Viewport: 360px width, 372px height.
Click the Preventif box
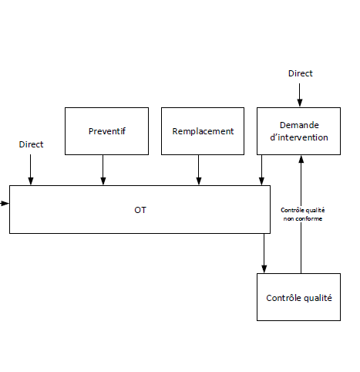[x=106, y=131]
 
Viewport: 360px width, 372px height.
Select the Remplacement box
[x=203, y=131]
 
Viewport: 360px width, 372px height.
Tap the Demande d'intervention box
[x=298, y=131]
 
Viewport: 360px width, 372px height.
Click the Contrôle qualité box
[x=298, y=297]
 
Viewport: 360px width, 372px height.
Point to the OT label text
[x=140, y=210]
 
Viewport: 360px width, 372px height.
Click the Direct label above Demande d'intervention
[x=301, y=73]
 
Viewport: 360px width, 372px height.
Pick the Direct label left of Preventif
[x=31, y=144]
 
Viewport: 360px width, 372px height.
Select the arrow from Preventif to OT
[x=103, y=170]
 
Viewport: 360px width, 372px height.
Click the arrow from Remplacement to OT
[x=199, y=170]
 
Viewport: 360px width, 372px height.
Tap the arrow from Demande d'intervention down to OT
[x=261, y=170]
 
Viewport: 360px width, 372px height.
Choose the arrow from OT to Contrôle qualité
[x=264, y=253]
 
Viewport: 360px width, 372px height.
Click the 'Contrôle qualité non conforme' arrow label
[x=303, y=215]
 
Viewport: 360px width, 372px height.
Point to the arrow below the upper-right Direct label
[x=299, y=95]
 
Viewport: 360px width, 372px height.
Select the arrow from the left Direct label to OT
[x=31, y=170]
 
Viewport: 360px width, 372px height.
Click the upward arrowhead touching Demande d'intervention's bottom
[x=301, y=159]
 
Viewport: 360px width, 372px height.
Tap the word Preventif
[x=107, y=131]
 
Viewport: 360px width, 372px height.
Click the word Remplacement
[x=203, y=131]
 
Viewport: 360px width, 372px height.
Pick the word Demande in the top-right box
[x=299, y=125]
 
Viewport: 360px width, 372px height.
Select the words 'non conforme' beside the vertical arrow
[x=303, y=218]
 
